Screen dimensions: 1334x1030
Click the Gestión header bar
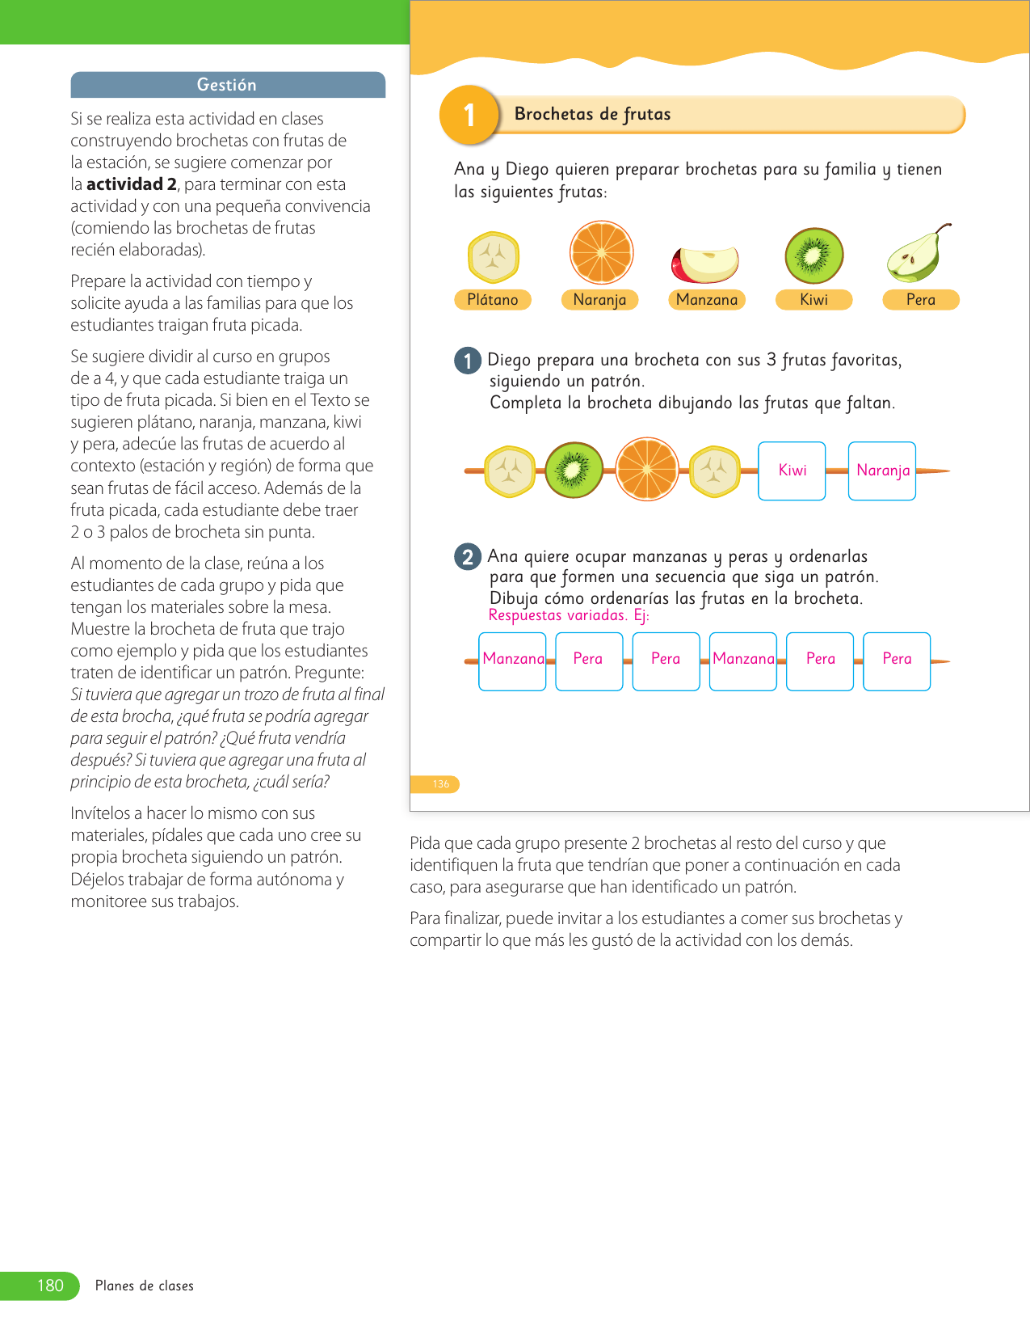point(227,85)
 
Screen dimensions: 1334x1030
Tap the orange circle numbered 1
point(469,115)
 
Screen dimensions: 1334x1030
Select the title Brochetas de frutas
point(592,114)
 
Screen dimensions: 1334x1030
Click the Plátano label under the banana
point(492,300)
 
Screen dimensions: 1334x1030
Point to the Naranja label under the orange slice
point(599,300)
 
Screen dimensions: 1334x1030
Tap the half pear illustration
point(917,254)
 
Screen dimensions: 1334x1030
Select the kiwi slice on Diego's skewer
point(574,470)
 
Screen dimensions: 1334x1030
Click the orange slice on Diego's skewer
point(647,469)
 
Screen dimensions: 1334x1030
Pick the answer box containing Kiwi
point(792,471)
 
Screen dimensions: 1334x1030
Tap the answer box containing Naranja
point(882,471)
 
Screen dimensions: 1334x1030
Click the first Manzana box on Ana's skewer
point(512,661)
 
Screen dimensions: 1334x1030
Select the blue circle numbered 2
point(468,556)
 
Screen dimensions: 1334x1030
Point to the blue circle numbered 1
point(468,360)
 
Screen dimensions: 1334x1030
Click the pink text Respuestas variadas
point(557,615)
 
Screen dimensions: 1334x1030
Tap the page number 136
point(440,784)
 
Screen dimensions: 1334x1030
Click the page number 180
point(50,1285)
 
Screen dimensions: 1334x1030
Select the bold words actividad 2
point(131,184)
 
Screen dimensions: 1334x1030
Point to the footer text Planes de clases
point(145,1285)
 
